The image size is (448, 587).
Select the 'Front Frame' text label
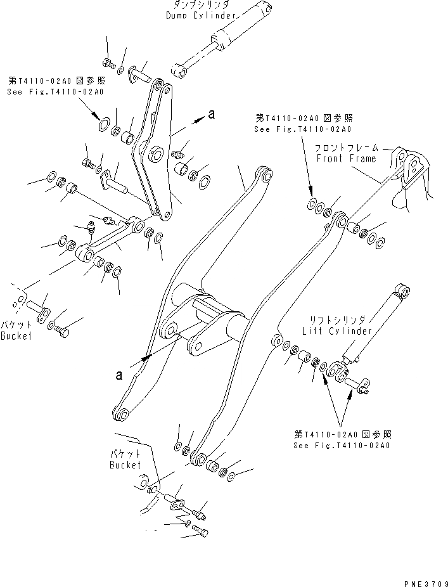point(345,158)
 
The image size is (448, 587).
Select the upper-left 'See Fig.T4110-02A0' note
point(55,92)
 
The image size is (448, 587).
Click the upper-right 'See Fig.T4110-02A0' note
point(302,129)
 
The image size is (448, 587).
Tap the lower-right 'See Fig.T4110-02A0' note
point(342,446)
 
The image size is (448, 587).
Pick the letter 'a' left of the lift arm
point(118,375)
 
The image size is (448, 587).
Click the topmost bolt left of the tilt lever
point(106,61)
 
